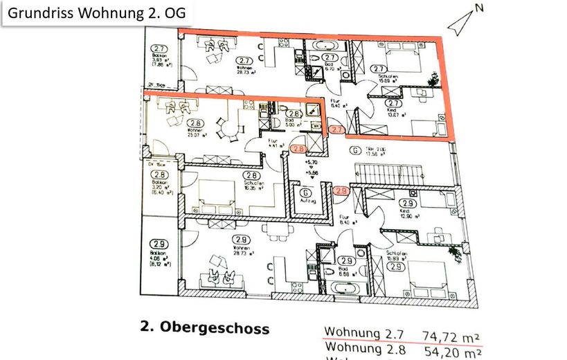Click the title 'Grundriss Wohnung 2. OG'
(x=96, y=13)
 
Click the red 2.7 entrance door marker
(x=337, y=129)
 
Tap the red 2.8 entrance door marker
(x=298, y=148)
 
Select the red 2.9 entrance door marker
(x=341, y=192)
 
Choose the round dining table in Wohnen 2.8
(x=226, y=127)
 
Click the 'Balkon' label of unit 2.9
(x=159, y=254)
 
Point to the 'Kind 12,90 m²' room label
(x=407, y=213)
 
